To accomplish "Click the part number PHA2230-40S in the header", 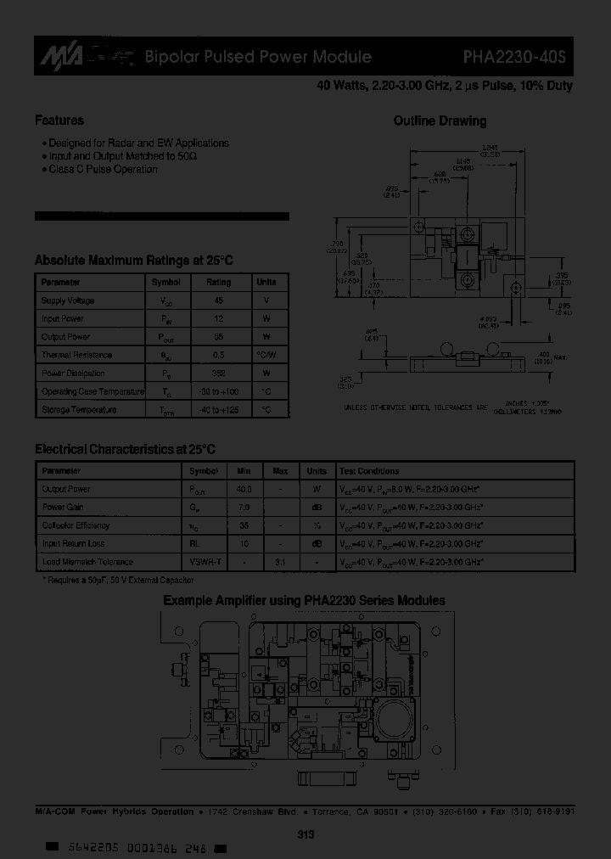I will coord(518,58).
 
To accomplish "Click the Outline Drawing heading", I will coord(440,121).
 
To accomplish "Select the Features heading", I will coord(59,121).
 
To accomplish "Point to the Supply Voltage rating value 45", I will coord(218,300).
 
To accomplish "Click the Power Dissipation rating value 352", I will coord(218,373).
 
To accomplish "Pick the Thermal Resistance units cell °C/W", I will coord(266,355).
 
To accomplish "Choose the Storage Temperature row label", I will coord(79,410).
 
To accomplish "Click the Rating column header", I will coord(218,283).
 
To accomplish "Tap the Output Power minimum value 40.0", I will coord(244,489).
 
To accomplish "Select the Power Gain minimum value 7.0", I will coord(244,508).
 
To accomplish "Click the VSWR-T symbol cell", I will coord(204,562).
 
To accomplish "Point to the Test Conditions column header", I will coord(369,471).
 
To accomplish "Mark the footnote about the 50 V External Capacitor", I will coord(118,580).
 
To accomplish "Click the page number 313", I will coord(306,835).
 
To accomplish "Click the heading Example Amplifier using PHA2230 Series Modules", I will coord(304,601).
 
